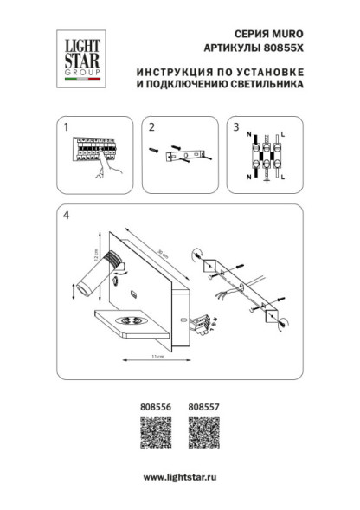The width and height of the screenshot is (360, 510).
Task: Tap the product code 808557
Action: click(202, 403)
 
